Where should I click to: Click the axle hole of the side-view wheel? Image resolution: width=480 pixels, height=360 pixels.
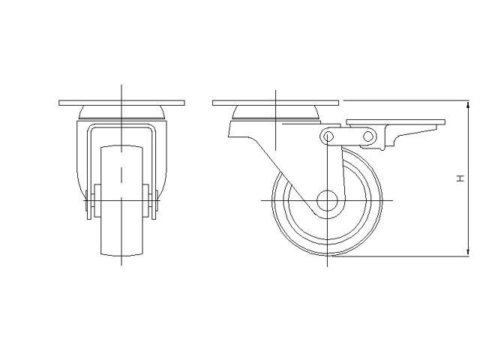[x=327, y=201]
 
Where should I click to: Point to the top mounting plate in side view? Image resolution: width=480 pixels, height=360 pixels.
[x=275, y=102]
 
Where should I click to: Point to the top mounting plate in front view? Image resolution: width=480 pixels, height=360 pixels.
[x=120, y=102]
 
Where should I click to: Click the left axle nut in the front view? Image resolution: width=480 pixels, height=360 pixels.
[x=88, y=203]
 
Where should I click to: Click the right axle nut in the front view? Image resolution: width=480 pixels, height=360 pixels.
[x=153, y=203]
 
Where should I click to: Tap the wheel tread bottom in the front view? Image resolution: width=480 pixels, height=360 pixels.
[x=120, y=255]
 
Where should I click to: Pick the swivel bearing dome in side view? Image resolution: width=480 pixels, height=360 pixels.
[x=276, y=113]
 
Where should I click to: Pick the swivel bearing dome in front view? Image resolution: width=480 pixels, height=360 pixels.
[x=120, y=113]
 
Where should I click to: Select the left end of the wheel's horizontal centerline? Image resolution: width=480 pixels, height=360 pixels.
[x=262, y=201]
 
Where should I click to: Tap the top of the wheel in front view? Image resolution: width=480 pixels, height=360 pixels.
[x=120, y=145]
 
